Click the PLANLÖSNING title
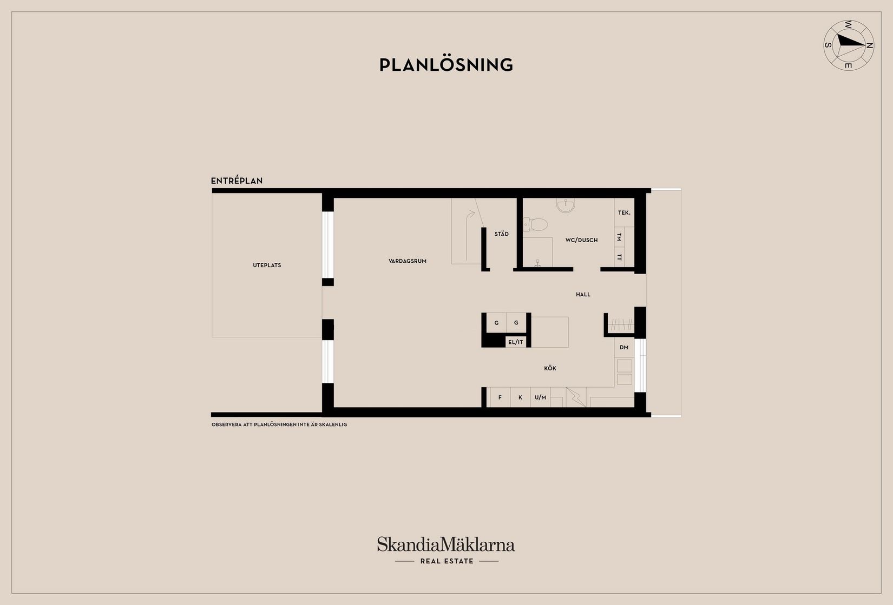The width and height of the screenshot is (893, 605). (446, 65)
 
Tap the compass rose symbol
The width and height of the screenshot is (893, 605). (848, 45)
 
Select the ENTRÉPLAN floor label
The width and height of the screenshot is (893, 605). (237, 181)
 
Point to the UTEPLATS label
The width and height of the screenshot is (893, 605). (267, 265)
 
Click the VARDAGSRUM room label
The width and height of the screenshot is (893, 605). (408, 261)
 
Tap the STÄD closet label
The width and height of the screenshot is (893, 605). (501, 234)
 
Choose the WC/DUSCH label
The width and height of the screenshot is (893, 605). (581, 240)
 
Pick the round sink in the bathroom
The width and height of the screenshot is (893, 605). (566, 205)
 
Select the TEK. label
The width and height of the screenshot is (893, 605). (624, 213)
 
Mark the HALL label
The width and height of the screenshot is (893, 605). (583, 295)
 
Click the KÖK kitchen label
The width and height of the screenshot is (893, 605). (550, 369)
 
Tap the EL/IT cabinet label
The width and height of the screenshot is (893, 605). (515, 342)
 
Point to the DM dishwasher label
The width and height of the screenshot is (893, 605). (624, 348)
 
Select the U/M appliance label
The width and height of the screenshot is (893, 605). (540, 398)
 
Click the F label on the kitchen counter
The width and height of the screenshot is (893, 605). (500, 398)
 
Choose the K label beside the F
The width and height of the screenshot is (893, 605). (520, 398)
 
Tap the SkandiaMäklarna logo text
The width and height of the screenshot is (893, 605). (446, 544)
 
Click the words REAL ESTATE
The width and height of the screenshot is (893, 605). (447, 561)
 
